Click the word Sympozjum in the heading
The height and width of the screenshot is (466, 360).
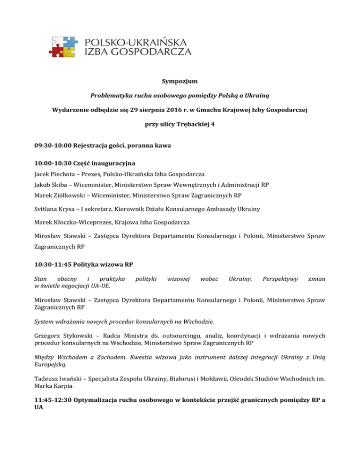pyautogui.click(x=180, y=82)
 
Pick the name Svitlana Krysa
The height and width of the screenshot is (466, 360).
pyautogui.click(x=57, y=209)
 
